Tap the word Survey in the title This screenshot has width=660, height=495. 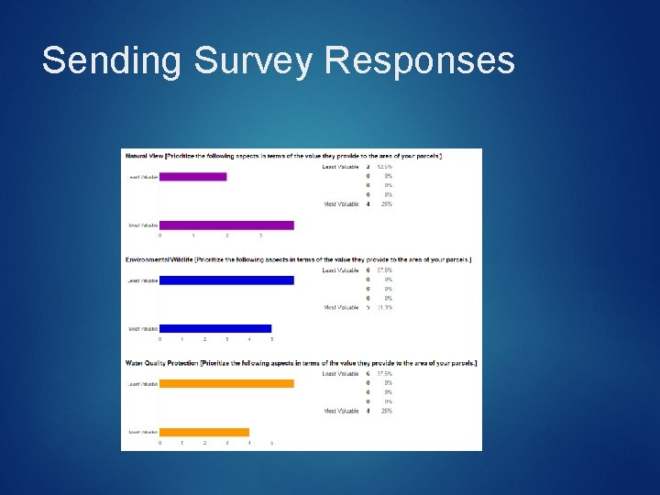point(253,60)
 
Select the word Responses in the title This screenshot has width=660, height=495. point(420,60)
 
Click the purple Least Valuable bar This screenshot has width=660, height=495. point(192,176)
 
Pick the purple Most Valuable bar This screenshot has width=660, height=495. point(226,225)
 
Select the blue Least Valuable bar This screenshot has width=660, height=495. point(226,280)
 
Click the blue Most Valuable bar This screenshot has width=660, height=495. point(215,328)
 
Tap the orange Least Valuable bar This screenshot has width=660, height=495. point(226,383)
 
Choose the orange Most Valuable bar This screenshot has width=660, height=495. point(204,432)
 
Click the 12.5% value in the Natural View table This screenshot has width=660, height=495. point(384,167)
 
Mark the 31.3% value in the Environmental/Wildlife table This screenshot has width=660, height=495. point(384,308)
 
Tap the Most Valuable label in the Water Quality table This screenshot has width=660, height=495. point(341,411)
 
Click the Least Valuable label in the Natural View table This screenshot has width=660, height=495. point(340,167)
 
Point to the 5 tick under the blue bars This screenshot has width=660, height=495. point(271,339)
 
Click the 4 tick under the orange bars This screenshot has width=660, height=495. point(249,443)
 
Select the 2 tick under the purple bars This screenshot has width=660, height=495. point(227,236)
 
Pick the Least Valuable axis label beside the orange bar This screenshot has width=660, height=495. point(142,383)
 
